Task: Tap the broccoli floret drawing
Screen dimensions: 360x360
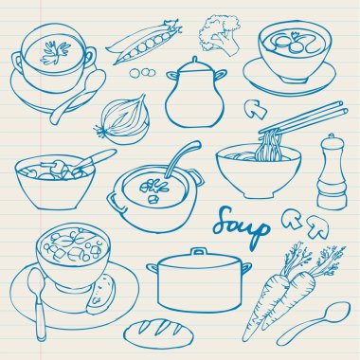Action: point(219,35)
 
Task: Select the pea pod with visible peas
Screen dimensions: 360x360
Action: point(144,42)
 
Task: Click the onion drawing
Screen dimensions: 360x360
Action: point(122,119)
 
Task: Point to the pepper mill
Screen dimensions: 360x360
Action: point(331,172)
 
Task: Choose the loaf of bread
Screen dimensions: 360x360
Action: point(158,333)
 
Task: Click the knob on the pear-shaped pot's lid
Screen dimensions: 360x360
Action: point(195,60)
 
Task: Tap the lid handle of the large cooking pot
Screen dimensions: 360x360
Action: point(199,251)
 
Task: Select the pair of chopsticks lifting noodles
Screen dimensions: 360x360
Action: point(303,117)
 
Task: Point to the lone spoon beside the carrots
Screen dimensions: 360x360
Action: point(314,323)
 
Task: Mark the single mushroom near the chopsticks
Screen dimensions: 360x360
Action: point(255,109)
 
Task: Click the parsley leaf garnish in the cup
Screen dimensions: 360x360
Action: point(55,52)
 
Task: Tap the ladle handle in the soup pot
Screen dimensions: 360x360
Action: point(182,158)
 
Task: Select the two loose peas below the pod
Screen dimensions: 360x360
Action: point(142,73)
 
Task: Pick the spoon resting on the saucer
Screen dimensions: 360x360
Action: point(78,96)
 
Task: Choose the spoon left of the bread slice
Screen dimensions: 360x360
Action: point(38,304)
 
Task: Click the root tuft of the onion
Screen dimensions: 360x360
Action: point(100,130)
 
